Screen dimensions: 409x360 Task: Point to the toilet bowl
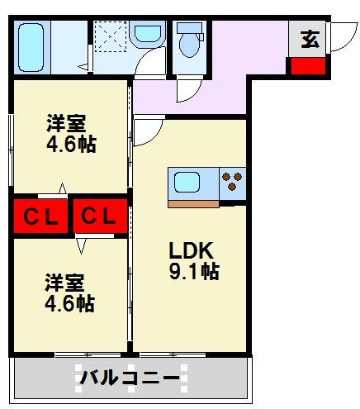point(188,42)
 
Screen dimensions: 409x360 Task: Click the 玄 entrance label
point(310,38)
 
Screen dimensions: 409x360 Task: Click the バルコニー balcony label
point(130,379)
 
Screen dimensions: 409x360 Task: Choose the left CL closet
point(40,217)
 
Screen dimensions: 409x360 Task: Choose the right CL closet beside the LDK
point(100,217)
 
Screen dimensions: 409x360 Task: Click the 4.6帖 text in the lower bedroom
point(69,303)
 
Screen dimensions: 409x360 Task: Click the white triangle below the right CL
point(82,245)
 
